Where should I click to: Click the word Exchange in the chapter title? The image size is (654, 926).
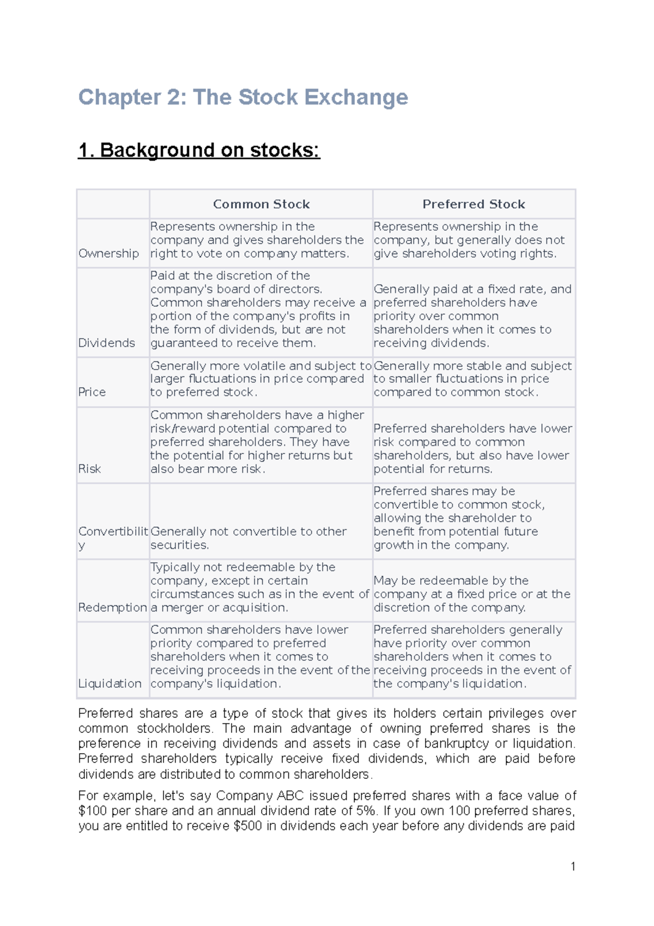tap(355, 97)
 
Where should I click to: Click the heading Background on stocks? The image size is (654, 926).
tap(199, 150)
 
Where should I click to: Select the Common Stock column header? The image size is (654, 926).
tap(261, 204)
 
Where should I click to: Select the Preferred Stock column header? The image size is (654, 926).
tap(474, 204)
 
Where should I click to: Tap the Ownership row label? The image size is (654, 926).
tap(108, 254)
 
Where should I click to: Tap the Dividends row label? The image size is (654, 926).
tap(106, 343)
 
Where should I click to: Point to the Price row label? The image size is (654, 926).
tap(92, 392)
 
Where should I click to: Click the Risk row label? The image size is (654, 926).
tap(89, 469)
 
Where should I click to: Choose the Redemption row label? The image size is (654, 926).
tap(112, 608)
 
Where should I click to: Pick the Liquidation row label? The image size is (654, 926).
tap(110, 684)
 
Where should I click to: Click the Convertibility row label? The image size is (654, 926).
tap(113, 532)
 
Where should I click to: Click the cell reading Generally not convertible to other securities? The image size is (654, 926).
tap(248, 538)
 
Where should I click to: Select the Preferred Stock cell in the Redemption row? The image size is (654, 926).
tap(471, 594)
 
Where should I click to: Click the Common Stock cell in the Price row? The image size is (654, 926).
tap(261, 379)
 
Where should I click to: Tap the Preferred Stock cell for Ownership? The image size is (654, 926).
tap(469, 240)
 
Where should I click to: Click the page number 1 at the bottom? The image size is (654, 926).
tap(573, 867)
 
